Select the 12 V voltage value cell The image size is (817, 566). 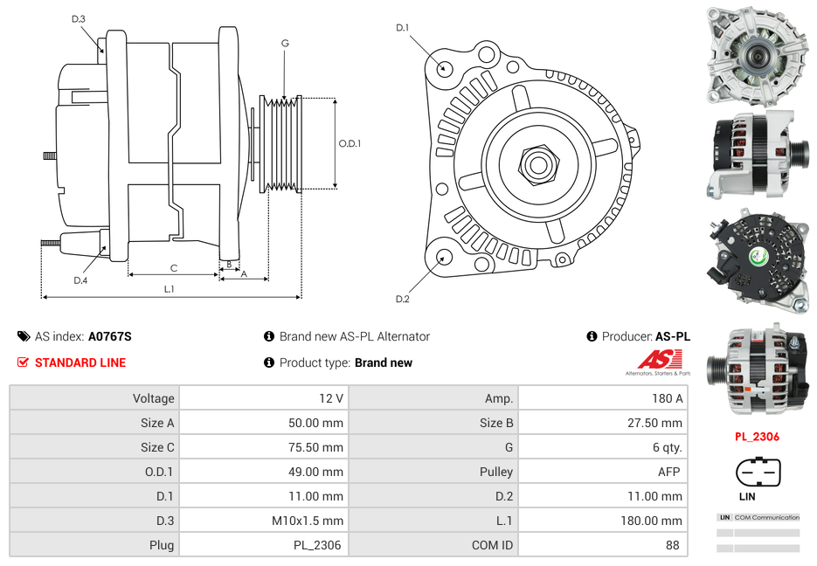(330, 398)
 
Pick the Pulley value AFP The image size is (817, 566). (668, 472)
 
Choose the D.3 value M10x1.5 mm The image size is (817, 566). (307, 521)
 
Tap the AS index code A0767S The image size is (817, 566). (109, 336)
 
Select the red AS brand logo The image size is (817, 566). (659, 359)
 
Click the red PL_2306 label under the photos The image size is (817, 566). (757, 437)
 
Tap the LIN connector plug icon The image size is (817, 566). (757, 473)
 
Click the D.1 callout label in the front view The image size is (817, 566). (403, 28)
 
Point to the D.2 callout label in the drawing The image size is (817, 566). (403, 300)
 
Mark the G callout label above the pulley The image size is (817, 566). (285, 43)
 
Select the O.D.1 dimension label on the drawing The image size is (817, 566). (350, 143)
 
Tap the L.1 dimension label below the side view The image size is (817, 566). (170, 289)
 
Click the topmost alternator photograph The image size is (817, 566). (757, 54)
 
